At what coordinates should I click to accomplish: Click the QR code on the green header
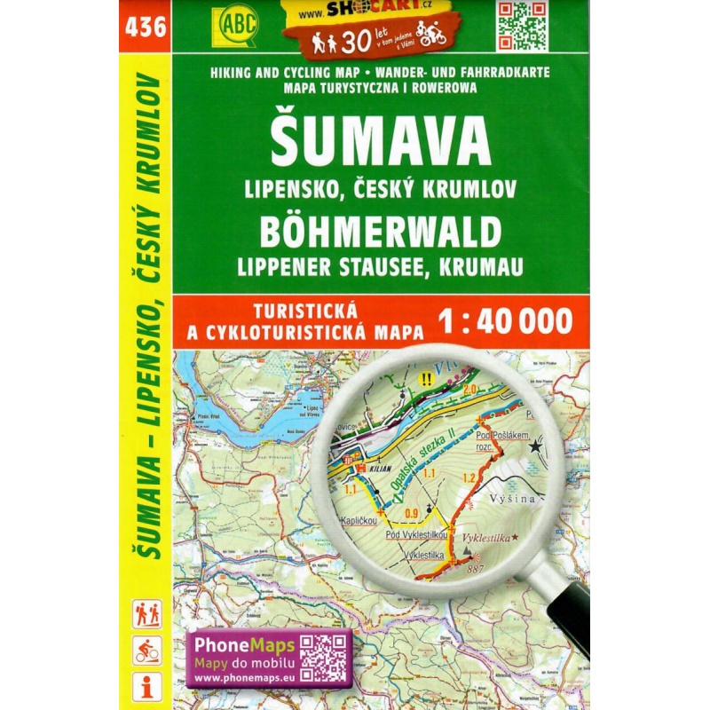[522, 26]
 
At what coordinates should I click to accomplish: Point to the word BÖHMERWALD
[380, 233]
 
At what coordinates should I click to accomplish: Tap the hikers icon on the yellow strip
[146, 614]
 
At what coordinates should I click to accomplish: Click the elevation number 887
[477, 568]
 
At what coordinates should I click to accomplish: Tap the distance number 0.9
[412, 512]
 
